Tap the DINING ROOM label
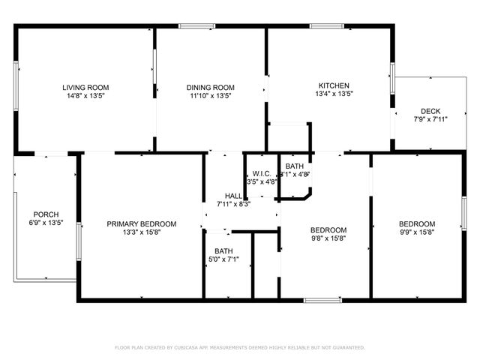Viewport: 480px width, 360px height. (x=211, y=88)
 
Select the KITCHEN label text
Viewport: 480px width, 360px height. (x=333, y=85)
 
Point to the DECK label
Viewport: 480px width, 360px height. (x=430, y=110)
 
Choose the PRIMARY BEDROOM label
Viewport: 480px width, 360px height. (x=141, y=223)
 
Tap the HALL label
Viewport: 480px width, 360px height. (x=233, y=195)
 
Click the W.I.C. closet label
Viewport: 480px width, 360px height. (x=262, y=173)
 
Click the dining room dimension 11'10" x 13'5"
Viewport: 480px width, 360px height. (x=211, y=96)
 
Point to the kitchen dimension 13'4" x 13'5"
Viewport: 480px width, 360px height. (x=333, y=94)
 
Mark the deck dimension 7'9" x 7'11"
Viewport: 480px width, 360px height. (x=430, y=118)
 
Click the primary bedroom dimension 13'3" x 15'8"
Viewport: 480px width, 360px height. (x=141, y=232)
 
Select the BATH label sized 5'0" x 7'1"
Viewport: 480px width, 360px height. (x=223, y=251)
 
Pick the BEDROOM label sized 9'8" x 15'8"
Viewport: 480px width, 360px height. (x=328, y=229)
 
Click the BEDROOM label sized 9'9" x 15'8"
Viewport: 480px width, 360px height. (x=416, y=223)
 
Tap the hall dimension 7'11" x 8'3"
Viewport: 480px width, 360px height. (x=233, y=203)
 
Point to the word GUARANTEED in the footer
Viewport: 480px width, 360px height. (x=347, y=348)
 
